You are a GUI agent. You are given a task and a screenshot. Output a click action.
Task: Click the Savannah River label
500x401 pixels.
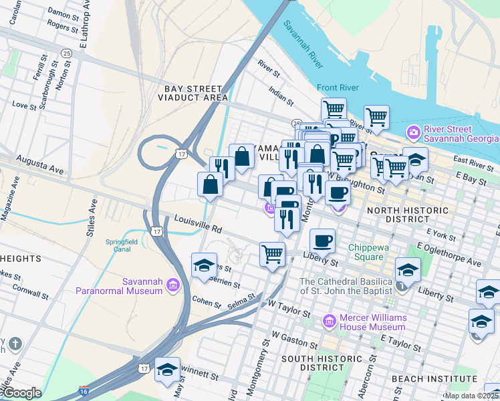[x=303, y=43]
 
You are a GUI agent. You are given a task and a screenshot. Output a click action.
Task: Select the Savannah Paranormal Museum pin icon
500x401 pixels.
[x=172, y=286]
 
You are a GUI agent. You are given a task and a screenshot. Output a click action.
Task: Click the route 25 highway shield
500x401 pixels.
[x=66, y=53]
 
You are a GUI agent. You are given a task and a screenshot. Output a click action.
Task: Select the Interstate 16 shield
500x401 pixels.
[x=83, y=390]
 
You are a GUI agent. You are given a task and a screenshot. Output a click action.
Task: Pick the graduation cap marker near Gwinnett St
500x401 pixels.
[x=166, y=370]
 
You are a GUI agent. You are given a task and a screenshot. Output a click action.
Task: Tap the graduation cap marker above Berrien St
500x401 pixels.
[x=204, y=265]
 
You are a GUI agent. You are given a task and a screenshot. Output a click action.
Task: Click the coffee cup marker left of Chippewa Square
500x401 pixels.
[x=322, y=240]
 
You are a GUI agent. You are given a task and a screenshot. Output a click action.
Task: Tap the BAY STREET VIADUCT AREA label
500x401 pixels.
[x=193, y=93]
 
